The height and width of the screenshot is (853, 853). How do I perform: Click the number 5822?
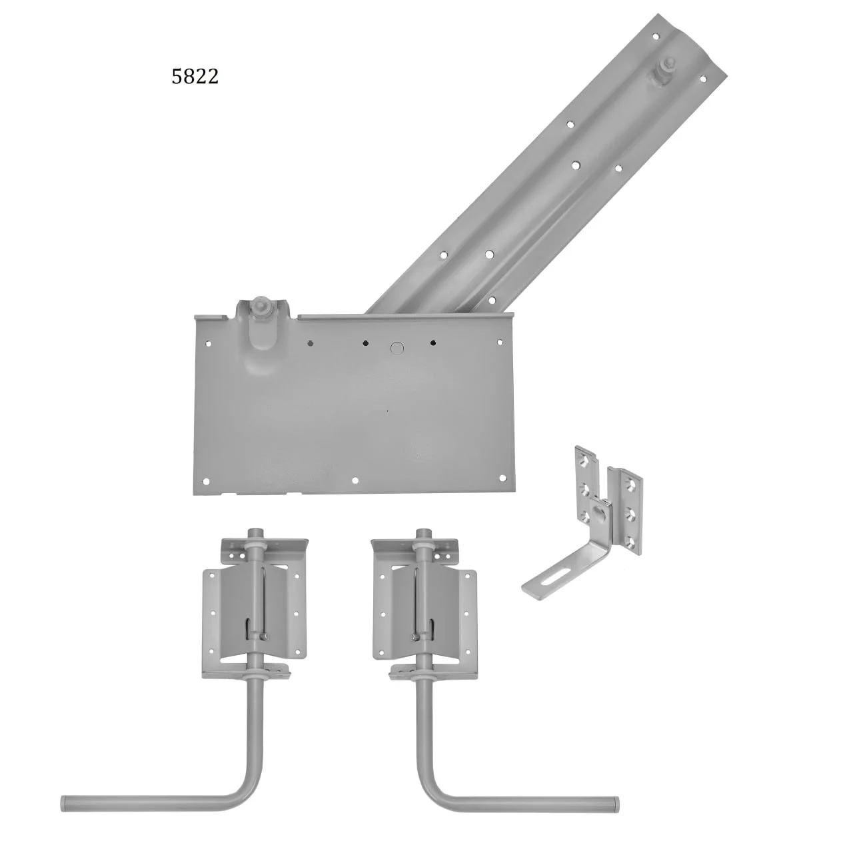pos(195,77)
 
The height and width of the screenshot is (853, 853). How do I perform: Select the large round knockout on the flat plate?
pos(397,348)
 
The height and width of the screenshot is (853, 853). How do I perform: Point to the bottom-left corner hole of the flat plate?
pos(205,481)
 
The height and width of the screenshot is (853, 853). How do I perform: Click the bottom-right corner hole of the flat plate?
pos(502,478)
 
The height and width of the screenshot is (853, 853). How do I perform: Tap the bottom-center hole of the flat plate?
pos(354,480)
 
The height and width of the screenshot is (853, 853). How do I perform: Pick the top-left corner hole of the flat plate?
pos(209,343)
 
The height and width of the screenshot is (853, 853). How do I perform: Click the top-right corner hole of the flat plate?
pos(500,342)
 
